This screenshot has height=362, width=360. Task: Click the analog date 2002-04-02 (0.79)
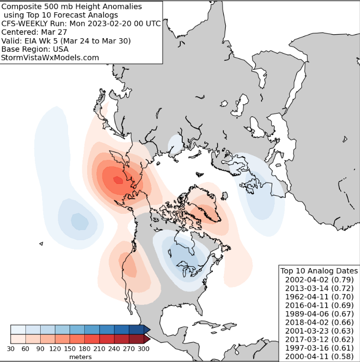[319, 280]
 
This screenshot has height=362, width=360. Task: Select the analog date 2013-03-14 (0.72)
[319, 288]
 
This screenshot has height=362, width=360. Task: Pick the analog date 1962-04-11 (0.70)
[319, 296]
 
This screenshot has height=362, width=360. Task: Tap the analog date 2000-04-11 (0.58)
[319, 356]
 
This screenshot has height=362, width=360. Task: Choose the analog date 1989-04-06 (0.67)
[319, 314]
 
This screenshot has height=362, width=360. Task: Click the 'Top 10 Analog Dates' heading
[319, 271]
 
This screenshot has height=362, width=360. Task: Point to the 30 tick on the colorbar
[11, 349]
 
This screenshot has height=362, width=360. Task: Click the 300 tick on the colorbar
[144, 349]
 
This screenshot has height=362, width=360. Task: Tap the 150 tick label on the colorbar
[70, 349]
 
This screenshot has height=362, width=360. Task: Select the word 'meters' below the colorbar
[80, 357]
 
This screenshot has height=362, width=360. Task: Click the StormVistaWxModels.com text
[50, 58]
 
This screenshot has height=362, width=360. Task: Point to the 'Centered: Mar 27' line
[34, 32]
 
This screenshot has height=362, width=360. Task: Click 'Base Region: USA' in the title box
[35, 49]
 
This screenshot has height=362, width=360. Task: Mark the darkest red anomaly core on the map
[118, 180]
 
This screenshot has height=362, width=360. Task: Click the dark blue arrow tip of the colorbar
[147, 329]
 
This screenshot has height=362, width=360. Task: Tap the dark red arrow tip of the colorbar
[147, 339]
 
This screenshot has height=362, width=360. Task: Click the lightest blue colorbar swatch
[18, 329]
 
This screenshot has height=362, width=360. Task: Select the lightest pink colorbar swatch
[18, 339]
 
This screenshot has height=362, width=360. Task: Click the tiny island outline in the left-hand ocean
[41, 244]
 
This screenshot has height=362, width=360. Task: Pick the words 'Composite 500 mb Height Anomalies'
[72, 6]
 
